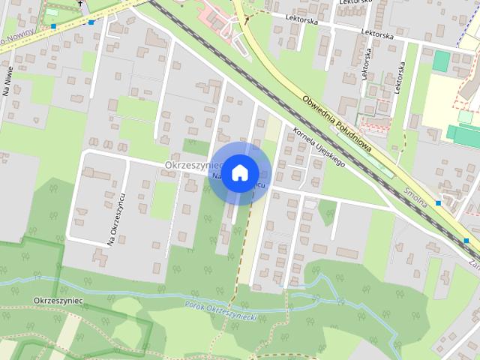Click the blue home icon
tap(239, 172)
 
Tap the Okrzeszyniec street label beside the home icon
tap(187, 165)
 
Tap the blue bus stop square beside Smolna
tap(439, 202)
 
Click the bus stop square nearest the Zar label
tap(466, 240)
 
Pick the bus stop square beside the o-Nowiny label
tap(54, 26)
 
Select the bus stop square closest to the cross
tap(91, 22)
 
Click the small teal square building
tap(442, 61)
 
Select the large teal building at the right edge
tap(463, 135)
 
